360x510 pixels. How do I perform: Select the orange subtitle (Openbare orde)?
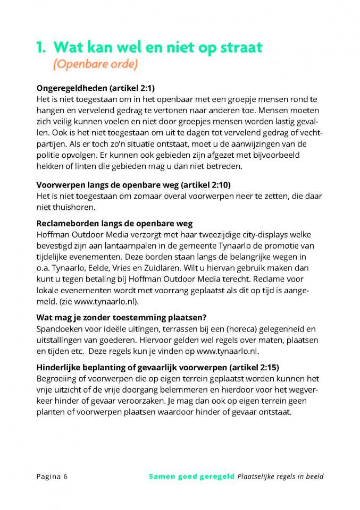coord(95,64)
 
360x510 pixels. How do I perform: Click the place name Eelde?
coord(114,268)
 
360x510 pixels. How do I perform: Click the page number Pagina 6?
coord(52,476)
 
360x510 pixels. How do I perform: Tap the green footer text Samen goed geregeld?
coord(191,476)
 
